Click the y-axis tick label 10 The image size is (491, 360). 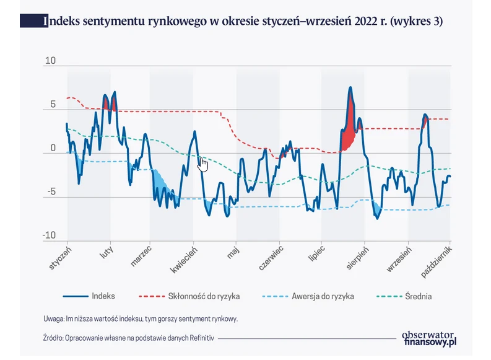[50, 61]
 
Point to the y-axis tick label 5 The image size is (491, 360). [53, 105]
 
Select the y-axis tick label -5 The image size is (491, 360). [51, 192]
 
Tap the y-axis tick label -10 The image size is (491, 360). [49, 235]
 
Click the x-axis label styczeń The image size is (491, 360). [61, 258]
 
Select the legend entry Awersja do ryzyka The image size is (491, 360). [323, 296]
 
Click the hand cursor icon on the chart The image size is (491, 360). [203, 164]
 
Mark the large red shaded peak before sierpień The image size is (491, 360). [349, 124]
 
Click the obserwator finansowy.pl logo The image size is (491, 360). [428, 337]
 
